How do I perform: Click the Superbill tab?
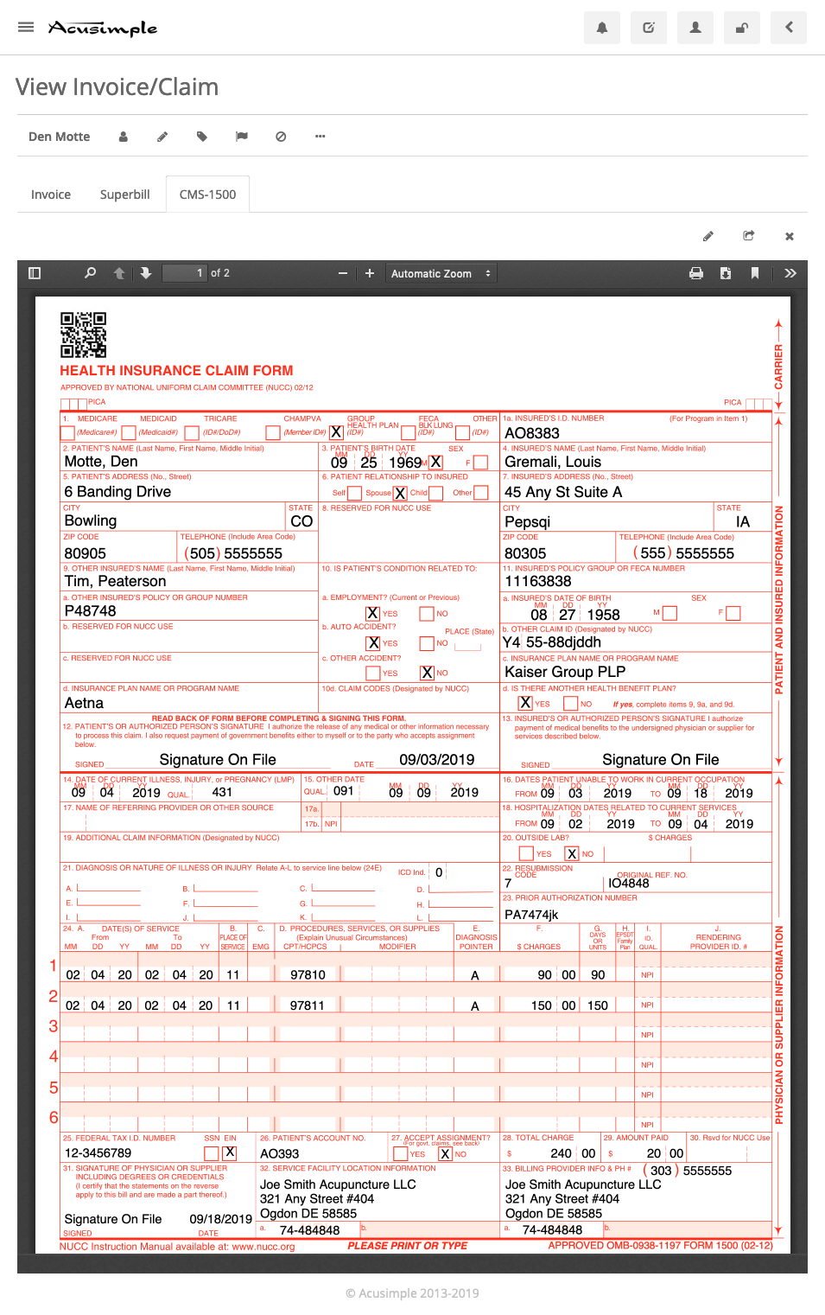coord(124,195)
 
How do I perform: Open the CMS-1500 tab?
coord(207,195)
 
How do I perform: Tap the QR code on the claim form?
coord(83,335)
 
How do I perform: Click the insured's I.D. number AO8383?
coord(532,433)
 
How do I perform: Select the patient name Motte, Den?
coord(101,462)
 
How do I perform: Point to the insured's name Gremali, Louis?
coord(553,462)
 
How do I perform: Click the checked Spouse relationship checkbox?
coord(400,493)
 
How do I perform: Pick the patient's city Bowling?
coord(91,520)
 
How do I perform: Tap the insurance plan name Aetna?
coord(84,703)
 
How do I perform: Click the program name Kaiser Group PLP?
coord(565,672)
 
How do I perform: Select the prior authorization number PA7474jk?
coord(531,915)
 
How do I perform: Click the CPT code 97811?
coord(308,1005)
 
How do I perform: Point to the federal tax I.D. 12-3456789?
coord(98,1153)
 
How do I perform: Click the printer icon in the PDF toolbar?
coord(696,273)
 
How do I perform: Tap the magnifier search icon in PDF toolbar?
coord(90,273)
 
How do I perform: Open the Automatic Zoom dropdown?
coord(441,273)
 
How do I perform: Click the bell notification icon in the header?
coord(602,28)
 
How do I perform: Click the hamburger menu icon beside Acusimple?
coord(26,27)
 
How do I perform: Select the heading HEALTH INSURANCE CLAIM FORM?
coord(176,370)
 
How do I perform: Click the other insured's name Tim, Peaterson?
coord(115,581)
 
